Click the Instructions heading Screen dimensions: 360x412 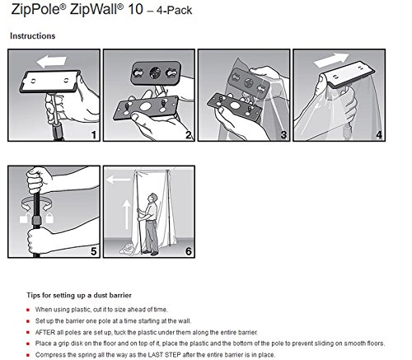pyautogui.click(x=33, y=36)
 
